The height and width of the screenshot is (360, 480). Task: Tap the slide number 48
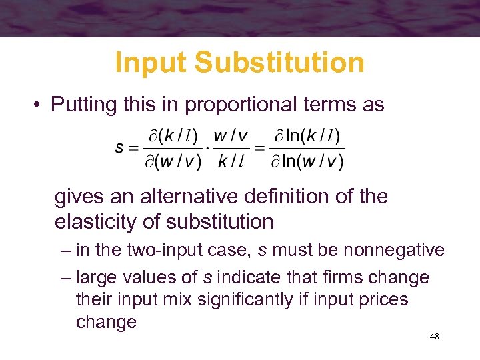point(434,337)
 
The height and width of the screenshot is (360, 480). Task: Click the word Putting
point(83,105)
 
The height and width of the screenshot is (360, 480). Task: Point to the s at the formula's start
point(119,149)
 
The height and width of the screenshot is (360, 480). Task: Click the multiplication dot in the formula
point(207,149)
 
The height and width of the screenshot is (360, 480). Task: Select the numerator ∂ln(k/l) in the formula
point(307,137)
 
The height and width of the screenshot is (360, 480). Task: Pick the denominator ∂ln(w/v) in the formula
point(307,162)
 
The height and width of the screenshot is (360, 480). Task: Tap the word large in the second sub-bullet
point(98,277)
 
